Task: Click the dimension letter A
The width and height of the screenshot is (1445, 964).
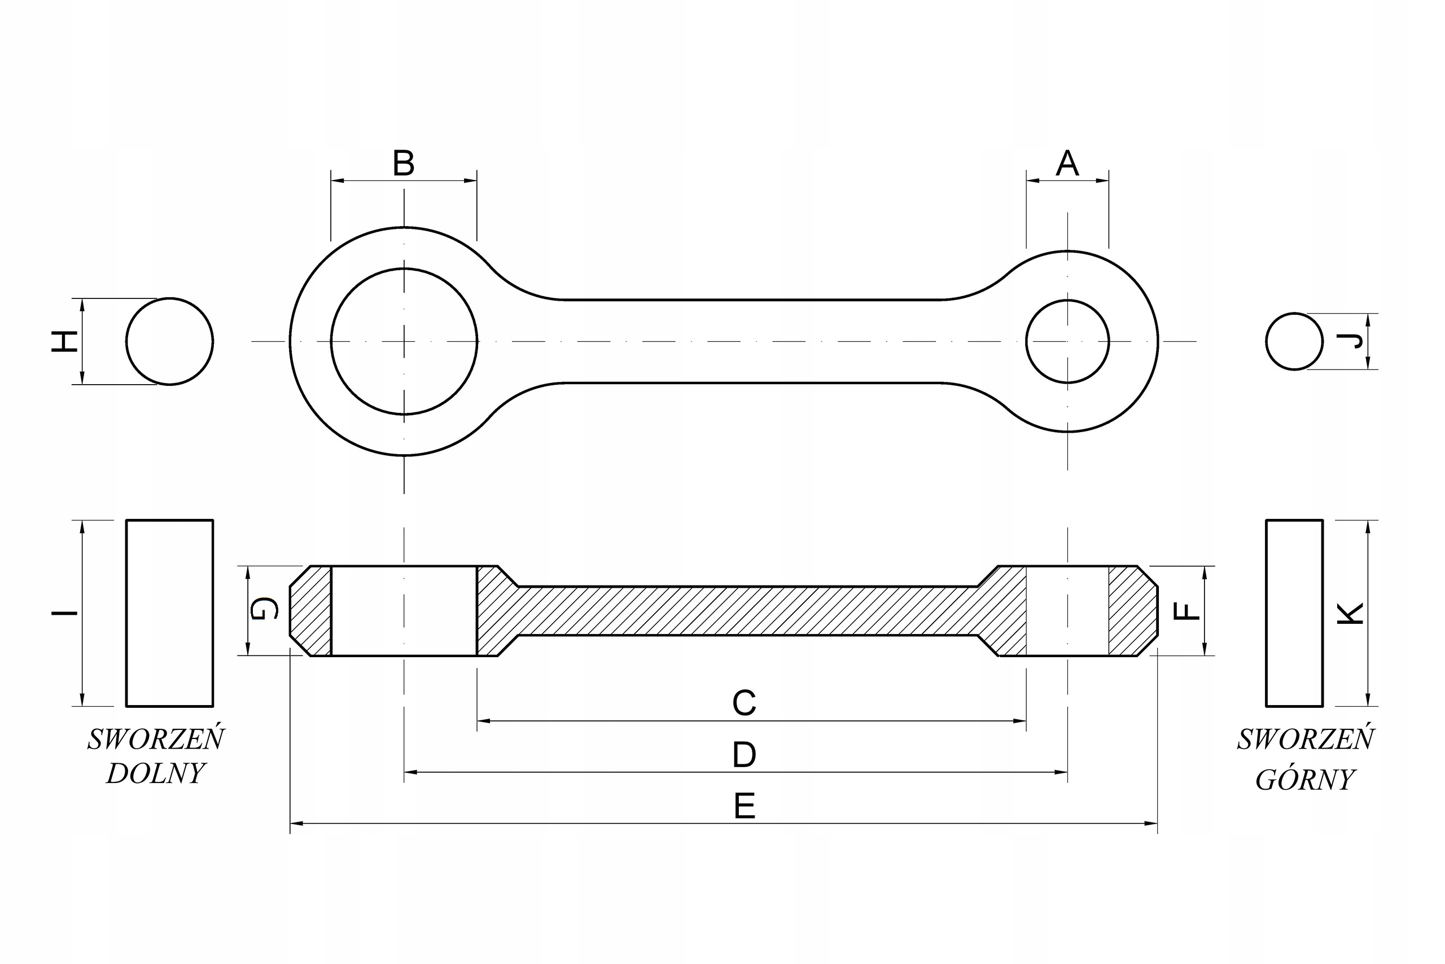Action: click(1067, 164)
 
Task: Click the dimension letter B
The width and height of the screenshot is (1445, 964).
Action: click(404, 164)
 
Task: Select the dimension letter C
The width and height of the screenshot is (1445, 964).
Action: click(744, 703)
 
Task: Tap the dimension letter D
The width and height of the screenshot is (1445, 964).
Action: click(744, 755)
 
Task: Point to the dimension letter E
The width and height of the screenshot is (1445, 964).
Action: click(745, 807)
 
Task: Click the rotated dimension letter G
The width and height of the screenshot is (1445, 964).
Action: click(265, 609)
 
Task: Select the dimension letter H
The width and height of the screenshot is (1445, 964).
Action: click(64, 341)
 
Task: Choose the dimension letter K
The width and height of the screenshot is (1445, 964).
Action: click(1351, 614)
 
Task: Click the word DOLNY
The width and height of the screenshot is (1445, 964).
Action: click(156, 773)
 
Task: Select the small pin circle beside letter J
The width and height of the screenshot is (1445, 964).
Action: click(1294, 341)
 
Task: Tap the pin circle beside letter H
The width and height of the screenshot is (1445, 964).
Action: click(170, 341)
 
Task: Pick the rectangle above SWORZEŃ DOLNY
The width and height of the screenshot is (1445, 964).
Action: click(170, 613)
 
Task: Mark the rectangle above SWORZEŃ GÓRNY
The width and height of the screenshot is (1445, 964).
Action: click(1294, 613)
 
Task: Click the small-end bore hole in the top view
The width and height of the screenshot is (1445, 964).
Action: click(1067, 341)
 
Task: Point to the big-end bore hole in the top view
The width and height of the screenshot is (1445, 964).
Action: click(404, 341)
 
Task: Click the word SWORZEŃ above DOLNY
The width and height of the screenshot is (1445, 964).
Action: click(156, 739)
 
